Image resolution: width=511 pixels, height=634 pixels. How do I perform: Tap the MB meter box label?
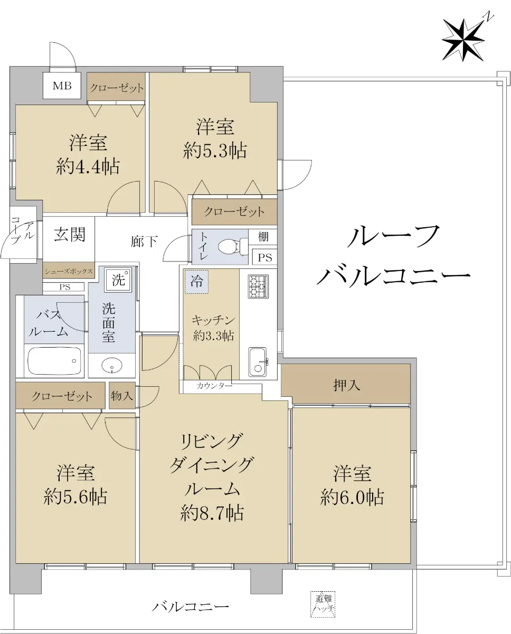[x=62, y=86]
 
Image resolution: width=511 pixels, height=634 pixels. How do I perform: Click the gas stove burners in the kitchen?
[x=258, y=287]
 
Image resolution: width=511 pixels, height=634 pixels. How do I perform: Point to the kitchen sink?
[x=258, y=361]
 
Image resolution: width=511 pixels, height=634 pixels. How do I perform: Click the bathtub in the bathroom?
[x=54, y=361]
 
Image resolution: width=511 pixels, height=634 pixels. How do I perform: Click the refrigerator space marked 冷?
[x=196, y=282]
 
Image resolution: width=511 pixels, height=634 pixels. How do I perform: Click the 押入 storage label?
[x=346, y=385]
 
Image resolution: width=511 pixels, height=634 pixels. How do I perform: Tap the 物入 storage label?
[x=122, y=396]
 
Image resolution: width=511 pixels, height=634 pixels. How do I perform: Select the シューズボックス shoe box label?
[x=69, y=272]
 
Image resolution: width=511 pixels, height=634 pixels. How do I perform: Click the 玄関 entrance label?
[x=70, y=235]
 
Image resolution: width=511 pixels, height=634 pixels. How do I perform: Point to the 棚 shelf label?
[x=263, y=237]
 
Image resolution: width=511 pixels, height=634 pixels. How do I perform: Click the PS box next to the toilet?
[x=265, y=257]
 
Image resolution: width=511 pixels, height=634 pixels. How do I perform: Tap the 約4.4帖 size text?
[x=88, y=167]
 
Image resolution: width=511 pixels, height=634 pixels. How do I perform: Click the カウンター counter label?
[x=214, y=386]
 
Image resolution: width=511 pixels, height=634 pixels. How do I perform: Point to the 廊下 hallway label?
[x=144, y=241]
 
